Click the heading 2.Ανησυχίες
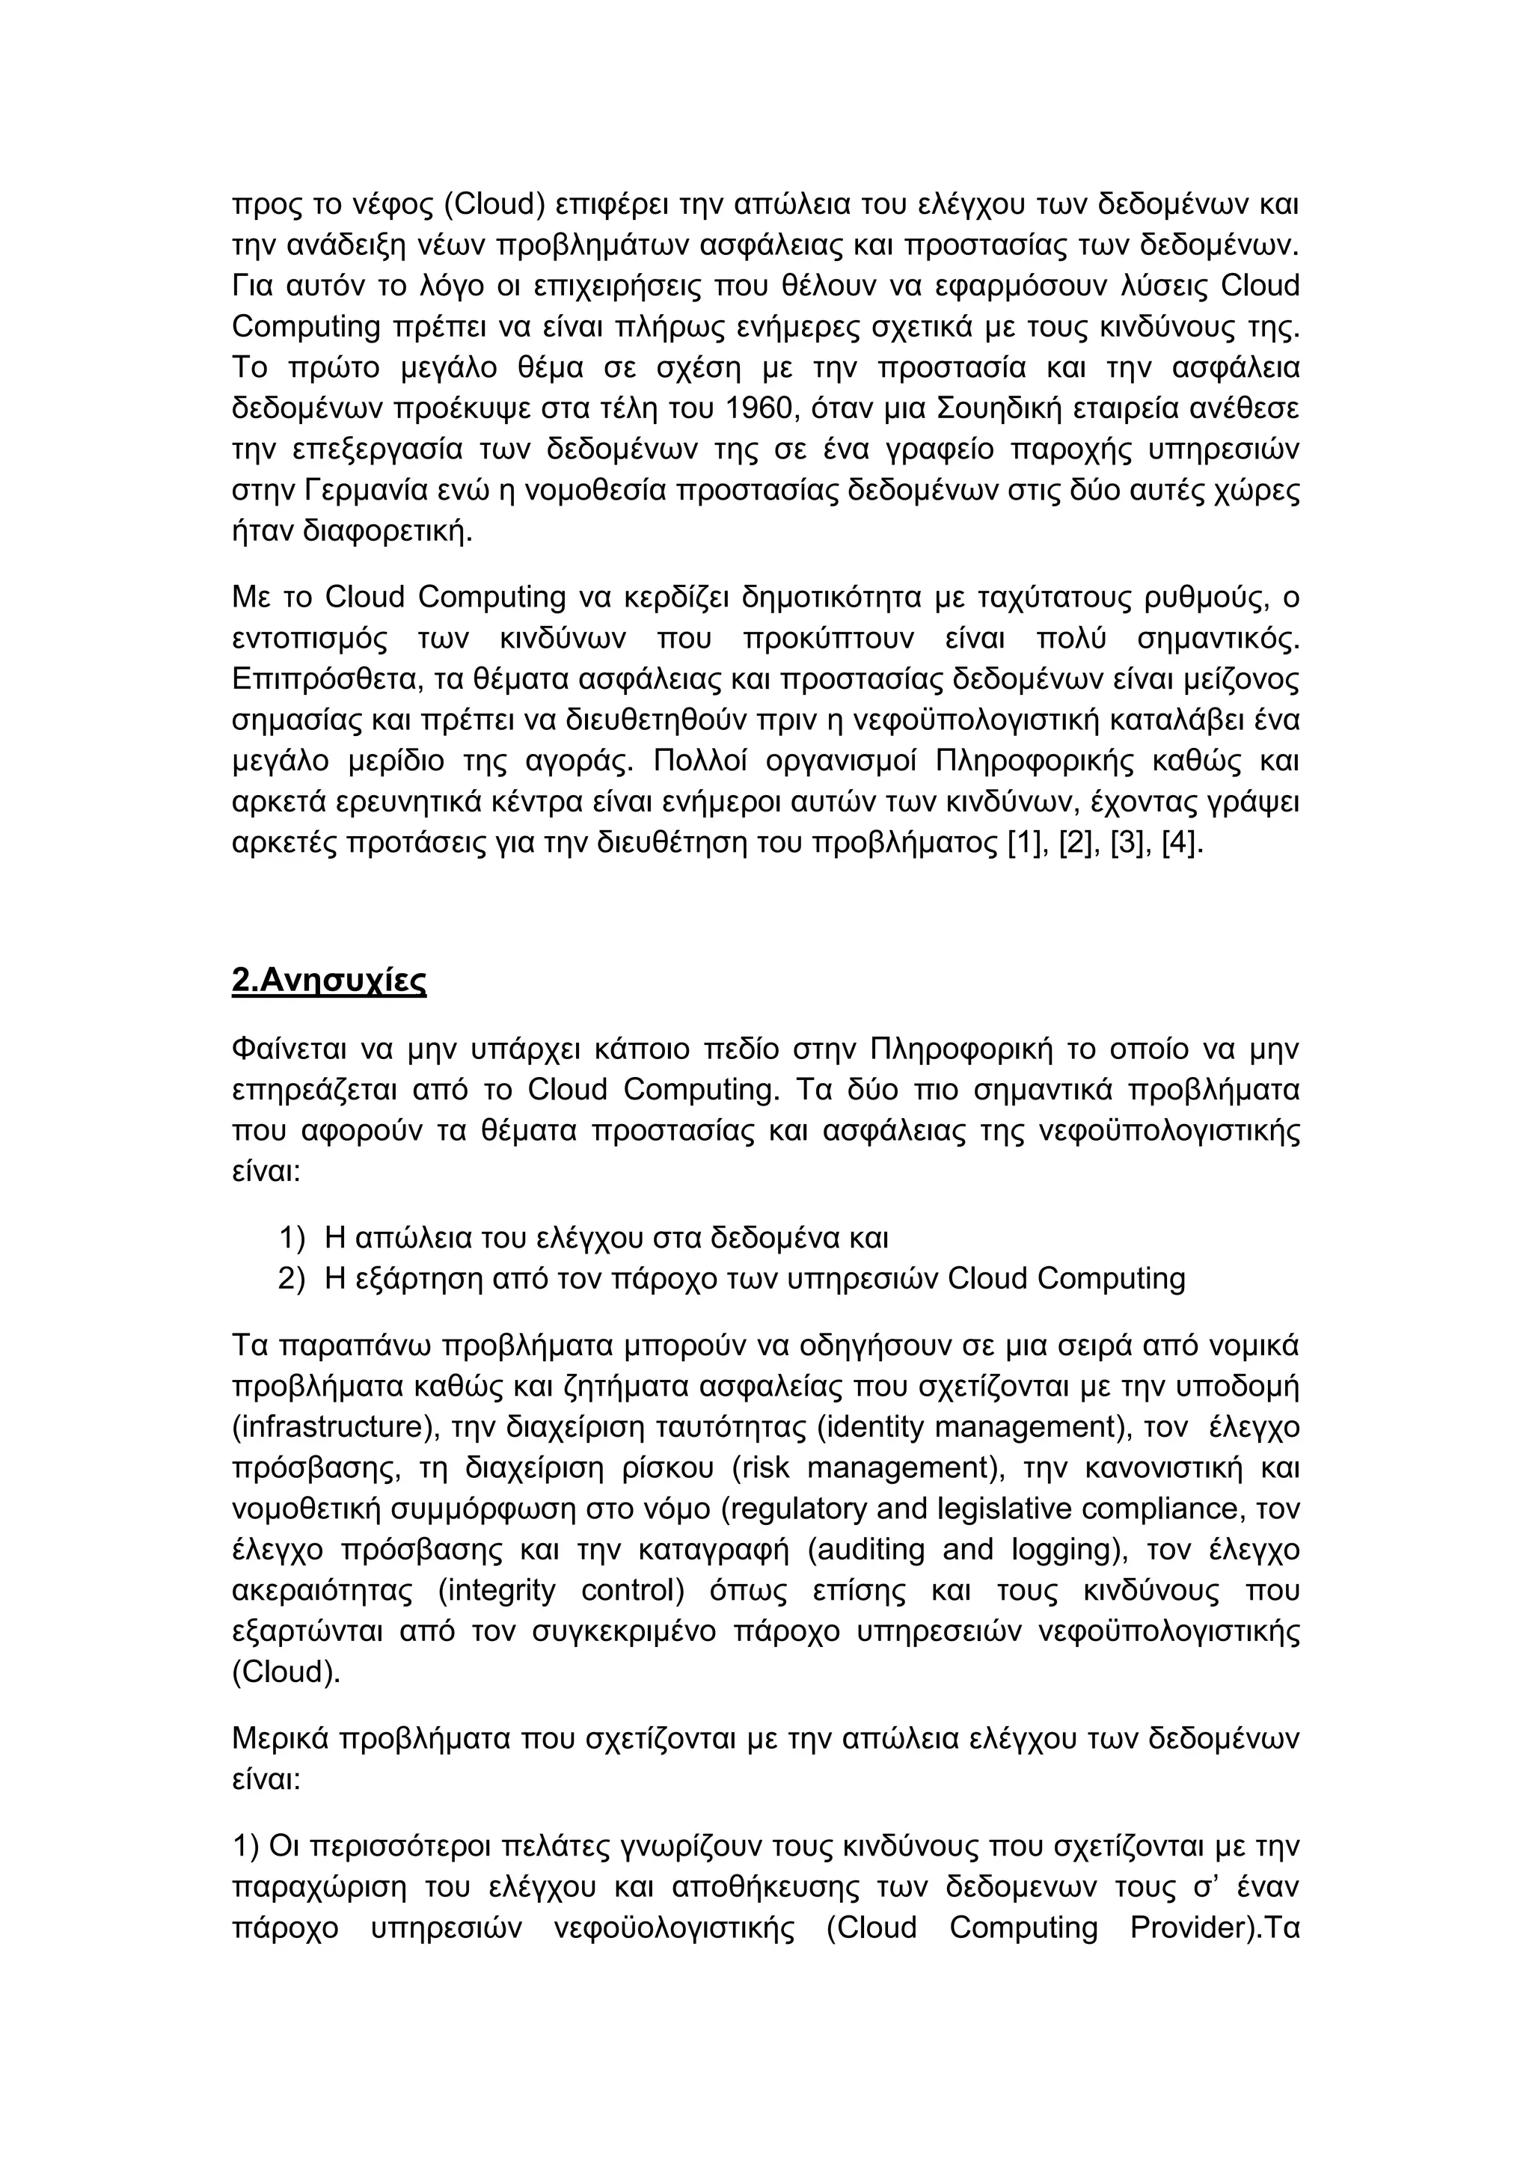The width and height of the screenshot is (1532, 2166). [328, 981]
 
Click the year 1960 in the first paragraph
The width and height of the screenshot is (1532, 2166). [760, 408]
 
